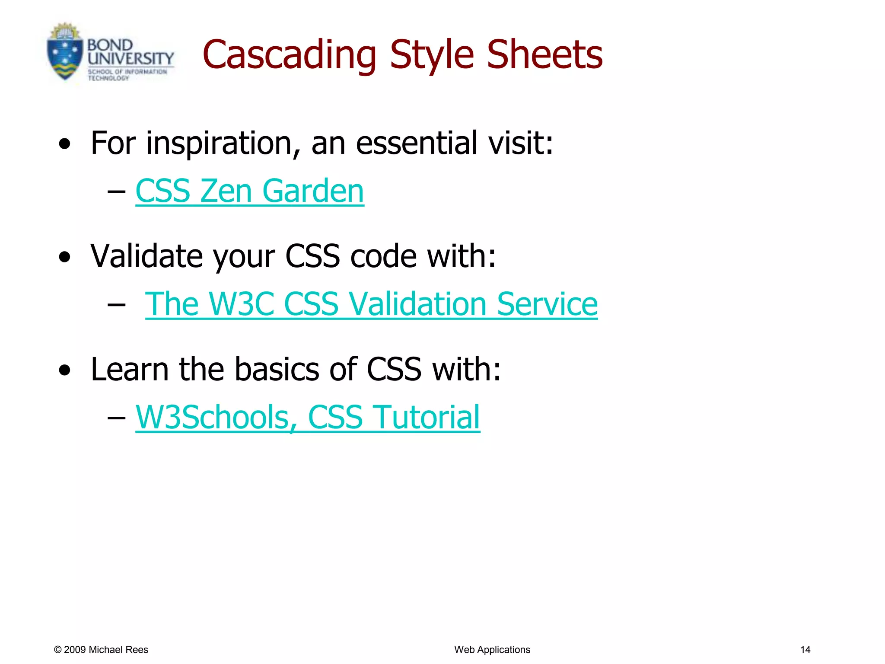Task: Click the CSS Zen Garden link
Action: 249,191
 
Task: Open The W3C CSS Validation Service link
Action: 371,304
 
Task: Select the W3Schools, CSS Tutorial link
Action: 307,417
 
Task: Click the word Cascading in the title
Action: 289,55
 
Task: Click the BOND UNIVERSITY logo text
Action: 130,52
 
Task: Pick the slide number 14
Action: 805,649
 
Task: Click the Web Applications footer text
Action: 492,649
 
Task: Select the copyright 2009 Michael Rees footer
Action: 101,649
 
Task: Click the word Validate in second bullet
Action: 146,256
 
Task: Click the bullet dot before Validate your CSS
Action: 65,257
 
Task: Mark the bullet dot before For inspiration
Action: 65,144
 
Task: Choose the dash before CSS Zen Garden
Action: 116,192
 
